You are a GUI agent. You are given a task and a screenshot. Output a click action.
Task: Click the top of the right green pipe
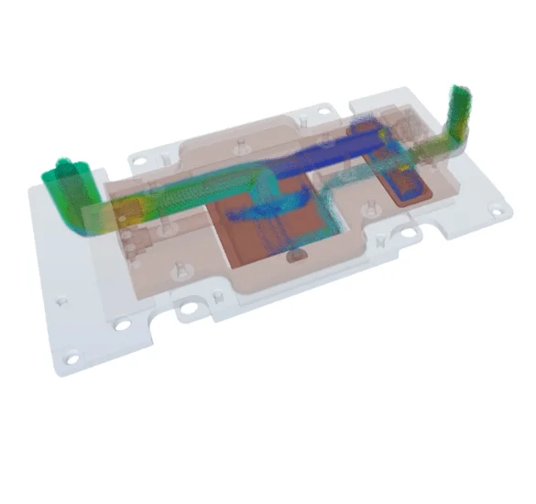pyautogui.click(x=458, y=92)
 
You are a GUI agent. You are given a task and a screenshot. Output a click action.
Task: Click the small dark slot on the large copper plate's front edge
pyautogui.click(x=295, y=257)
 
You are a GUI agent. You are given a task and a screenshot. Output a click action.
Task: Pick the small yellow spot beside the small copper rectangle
pyautogui.click(x=427, y=165)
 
